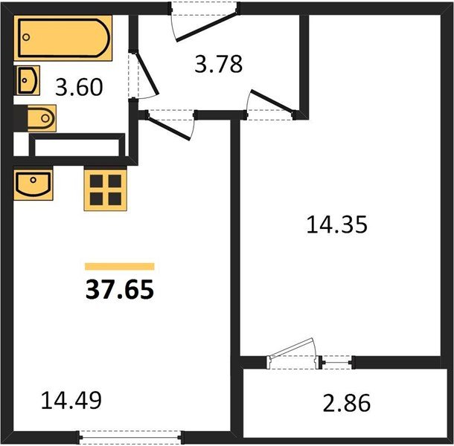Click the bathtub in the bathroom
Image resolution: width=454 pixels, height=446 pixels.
63,38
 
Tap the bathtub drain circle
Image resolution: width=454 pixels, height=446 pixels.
26,37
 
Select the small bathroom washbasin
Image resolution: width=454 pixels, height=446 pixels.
28,80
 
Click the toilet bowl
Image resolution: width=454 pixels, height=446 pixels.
42,118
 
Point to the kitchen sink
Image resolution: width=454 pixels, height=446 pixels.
33,184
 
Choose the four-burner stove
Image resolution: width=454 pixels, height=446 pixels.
106,190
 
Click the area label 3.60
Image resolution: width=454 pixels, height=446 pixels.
79,88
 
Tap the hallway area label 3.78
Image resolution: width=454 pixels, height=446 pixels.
218,64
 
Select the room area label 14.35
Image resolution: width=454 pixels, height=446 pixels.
336,224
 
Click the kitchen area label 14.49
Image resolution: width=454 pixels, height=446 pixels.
71,401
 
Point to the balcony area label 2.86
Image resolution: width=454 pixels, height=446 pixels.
347,403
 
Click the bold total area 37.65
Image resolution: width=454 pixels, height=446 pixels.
120,290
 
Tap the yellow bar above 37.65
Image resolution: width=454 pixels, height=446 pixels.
120,266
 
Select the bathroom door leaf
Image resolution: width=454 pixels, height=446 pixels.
147,73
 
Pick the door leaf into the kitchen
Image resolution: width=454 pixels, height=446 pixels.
169,127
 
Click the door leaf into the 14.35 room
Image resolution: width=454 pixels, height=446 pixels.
272,100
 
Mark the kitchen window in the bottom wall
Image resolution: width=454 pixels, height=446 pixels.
130,437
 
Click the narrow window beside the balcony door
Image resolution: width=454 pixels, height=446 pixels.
336,362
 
